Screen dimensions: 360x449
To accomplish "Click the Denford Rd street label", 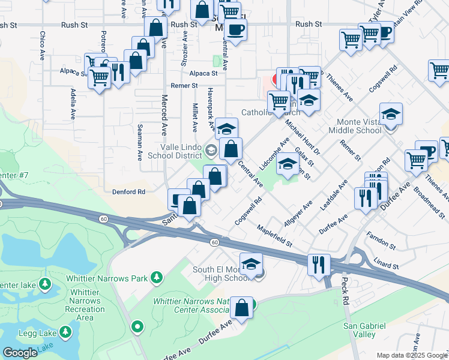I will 129,192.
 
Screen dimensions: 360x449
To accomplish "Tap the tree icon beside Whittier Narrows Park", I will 157,277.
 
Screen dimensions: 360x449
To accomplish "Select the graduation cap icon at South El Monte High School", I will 252,263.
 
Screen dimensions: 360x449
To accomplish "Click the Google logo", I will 21,353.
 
